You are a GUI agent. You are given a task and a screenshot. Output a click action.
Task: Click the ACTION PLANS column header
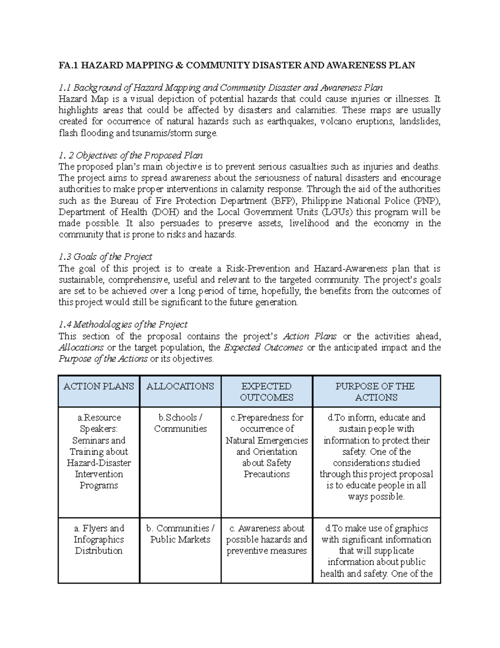(99, 386)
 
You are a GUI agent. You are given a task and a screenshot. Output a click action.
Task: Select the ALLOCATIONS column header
(180, 386)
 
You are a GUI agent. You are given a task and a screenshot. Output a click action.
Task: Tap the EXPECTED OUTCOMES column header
(267, 392)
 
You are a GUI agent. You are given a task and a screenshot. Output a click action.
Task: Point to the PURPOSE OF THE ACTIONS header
(376, 392)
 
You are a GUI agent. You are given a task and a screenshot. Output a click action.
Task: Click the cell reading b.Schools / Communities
(180, 423)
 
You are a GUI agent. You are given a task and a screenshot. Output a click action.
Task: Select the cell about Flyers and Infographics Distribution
(99, 540)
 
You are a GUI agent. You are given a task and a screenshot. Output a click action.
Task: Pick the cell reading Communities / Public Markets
(180, 534)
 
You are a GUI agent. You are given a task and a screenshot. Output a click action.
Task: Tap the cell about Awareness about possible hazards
(267, 540)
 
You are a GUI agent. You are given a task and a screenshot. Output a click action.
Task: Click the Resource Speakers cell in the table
(99, 451)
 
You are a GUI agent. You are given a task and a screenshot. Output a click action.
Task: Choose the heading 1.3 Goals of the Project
(105, 257)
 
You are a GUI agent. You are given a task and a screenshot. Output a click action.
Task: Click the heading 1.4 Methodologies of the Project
(123, 324)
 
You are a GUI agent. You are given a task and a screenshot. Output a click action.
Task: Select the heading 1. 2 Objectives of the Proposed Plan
(130, 156)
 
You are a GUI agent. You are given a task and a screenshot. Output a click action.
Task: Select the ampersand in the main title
(179, 65)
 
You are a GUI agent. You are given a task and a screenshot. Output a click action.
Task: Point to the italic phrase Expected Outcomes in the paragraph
(263, 348)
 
